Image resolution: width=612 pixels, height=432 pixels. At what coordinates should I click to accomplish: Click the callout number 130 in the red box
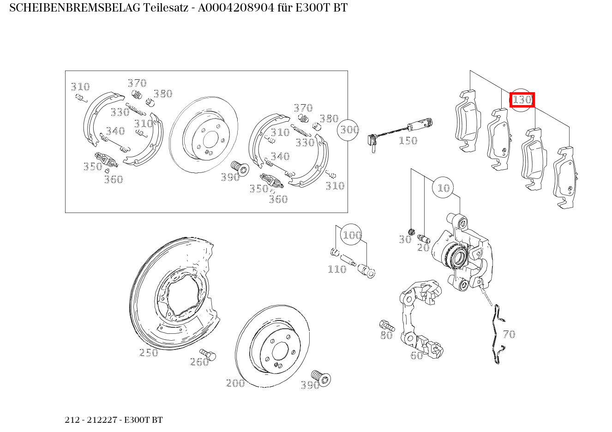[522, 100]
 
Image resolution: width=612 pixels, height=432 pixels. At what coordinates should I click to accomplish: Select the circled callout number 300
[349, 130]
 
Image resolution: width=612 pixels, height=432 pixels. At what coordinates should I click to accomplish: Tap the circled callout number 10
[443, 188]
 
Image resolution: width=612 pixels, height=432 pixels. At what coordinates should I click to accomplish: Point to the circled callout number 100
[351, 235]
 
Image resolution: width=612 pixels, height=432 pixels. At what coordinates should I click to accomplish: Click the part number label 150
[408, 141]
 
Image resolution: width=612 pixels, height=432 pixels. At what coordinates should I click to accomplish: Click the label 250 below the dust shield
[149, 353]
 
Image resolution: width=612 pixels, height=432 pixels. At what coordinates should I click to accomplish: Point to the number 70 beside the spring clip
[509, 334]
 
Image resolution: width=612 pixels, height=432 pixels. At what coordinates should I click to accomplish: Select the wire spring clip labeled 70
[497, 334]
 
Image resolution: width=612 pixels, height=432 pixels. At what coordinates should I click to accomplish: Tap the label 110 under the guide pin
[336, 269]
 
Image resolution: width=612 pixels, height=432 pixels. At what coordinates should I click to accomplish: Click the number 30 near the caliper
[405, 239]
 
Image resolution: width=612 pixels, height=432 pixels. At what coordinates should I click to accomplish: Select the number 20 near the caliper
[423, 248]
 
